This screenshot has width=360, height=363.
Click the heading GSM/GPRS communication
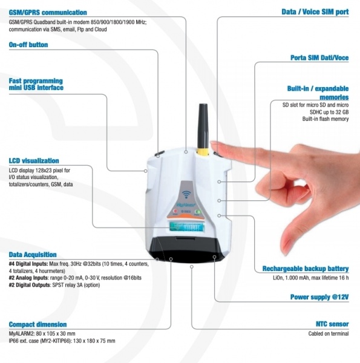(x=48, y=13)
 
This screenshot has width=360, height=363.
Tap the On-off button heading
(x=28, y=45)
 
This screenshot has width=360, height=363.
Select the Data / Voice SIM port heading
(x=315, y=12)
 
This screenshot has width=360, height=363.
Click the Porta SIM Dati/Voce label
(x=319, y=57)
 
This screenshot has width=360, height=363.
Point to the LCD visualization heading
(x=34, y=161)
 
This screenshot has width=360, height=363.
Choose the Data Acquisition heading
(x=33, y=255)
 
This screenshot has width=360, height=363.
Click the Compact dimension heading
(x=38, y=324)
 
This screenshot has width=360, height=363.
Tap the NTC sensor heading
(x=332, y=324)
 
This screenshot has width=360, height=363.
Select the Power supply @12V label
(x=319, y=297)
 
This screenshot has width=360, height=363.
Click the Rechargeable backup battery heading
(x=306, y=269)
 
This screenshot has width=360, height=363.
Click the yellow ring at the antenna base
(x=203, y=152)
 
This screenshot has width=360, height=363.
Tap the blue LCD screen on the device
(x=187, y=227)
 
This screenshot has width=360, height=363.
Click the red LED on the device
(x=175, y=211)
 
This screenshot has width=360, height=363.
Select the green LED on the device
(x=197, y=211)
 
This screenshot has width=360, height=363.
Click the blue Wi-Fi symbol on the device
(x=186, y=194)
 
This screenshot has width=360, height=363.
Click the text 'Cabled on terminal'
(x=329, y=333)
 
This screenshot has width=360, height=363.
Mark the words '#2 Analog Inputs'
(x=28, y=278)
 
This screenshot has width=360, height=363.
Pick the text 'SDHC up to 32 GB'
(x=329, y=112)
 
